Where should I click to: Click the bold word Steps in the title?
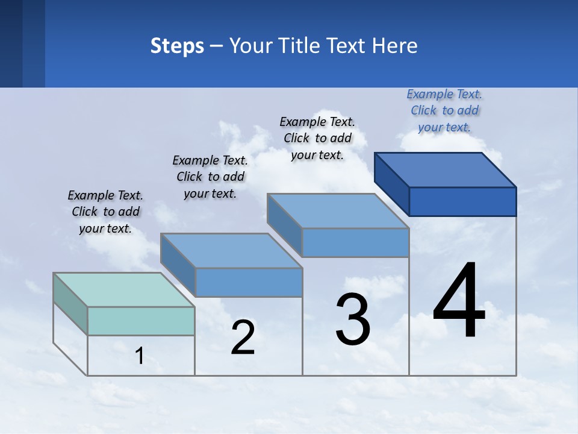(177, 46)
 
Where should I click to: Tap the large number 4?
(459, 301)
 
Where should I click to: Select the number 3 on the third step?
(353, 319)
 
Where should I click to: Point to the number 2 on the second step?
(243, 338)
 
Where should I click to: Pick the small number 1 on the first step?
(140, 356)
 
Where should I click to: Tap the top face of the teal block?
(124, 290)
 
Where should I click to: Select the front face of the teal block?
(141, 321)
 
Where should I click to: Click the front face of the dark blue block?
(462, 201)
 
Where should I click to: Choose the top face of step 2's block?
(231, 250)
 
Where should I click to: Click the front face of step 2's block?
(249, 282)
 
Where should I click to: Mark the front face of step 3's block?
(355, 242)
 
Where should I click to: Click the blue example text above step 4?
(444, 110)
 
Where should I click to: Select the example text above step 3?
(317, 138)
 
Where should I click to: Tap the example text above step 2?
(210, 177)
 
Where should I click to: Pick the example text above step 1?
(105, 212)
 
